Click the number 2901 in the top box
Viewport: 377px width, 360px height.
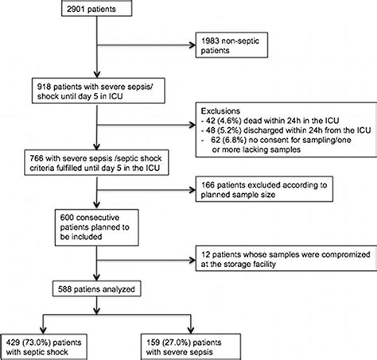point(76,9)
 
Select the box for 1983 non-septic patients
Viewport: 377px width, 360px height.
point(231,45)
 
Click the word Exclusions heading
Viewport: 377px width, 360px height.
point(220,110)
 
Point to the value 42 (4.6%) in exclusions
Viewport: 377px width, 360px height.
point(223,121)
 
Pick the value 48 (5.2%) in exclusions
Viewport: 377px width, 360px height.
point(223,130)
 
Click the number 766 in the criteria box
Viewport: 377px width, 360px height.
point(37,158)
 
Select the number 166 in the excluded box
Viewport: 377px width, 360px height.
point(208,185)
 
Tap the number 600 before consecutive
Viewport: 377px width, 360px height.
point(67,218)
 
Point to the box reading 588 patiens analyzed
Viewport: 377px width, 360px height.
point(96,288)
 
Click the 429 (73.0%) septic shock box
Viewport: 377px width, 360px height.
point(44,347)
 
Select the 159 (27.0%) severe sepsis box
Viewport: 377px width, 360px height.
point(191,347)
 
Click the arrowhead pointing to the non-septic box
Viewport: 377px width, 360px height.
point(192,45)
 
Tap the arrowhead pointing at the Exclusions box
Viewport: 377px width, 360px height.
point(192,125)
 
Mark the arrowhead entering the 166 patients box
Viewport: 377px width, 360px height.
point(192,190)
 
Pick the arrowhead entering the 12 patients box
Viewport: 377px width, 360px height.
point(192,260)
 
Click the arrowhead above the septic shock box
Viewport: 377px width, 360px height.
point(43,330)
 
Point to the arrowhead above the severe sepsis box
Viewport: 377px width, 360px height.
point(191,330)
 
